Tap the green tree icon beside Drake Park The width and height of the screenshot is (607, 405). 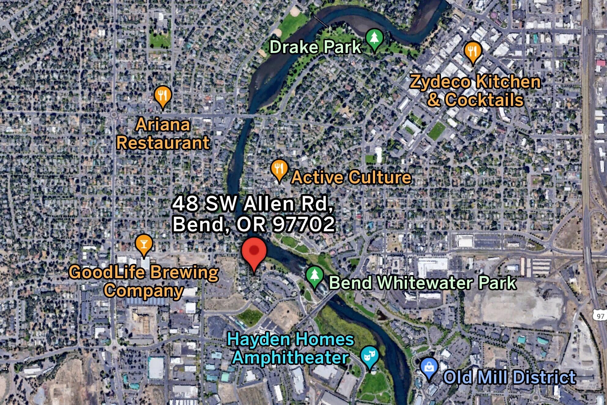(374, 39)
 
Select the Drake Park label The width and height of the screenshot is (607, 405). (315, 47)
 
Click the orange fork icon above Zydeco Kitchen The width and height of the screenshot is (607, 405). (473, 51)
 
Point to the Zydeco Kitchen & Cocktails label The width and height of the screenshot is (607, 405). (475, 91)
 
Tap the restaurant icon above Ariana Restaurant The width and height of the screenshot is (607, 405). (163, 95)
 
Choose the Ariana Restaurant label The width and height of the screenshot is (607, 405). (163, 134)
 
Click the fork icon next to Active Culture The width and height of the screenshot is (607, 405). (279, 169)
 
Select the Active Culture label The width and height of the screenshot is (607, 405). (351, 177)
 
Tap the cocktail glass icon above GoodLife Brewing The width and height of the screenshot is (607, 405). (144, 244)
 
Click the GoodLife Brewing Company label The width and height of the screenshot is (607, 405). (144, 281)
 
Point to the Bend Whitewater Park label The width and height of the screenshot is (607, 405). (423, 283)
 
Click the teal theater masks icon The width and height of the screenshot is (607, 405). (370, 356)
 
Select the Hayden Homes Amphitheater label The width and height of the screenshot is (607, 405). (291, 348)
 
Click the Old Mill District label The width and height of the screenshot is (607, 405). (509, 377)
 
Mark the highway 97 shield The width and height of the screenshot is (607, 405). (600, 316)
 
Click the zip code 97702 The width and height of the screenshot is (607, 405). (304, 224)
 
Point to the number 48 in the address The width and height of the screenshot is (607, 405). (185, 204)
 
